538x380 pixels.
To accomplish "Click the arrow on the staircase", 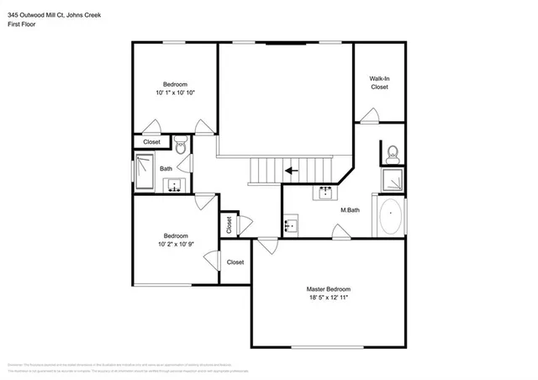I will click(292, 171).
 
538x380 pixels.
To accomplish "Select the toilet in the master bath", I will click(392, 154).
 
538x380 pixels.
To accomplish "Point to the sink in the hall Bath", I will click(174, 185).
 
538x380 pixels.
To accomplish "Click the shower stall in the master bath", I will click(391, 180).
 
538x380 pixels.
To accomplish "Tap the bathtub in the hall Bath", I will click(144, 172).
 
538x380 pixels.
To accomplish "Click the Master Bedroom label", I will click(327, 288).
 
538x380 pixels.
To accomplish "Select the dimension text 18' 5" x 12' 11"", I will click(327, 298).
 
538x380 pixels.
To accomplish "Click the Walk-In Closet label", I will click(379, 82).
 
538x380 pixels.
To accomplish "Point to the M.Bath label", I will click(350, 209).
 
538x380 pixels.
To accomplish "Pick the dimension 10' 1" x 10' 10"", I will click(175, 92).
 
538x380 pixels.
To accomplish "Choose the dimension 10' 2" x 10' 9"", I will click(175, 245).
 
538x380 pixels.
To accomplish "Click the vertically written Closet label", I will click(228, 225).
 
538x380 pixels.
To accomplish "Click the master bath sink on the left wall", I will click(290, 225).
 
